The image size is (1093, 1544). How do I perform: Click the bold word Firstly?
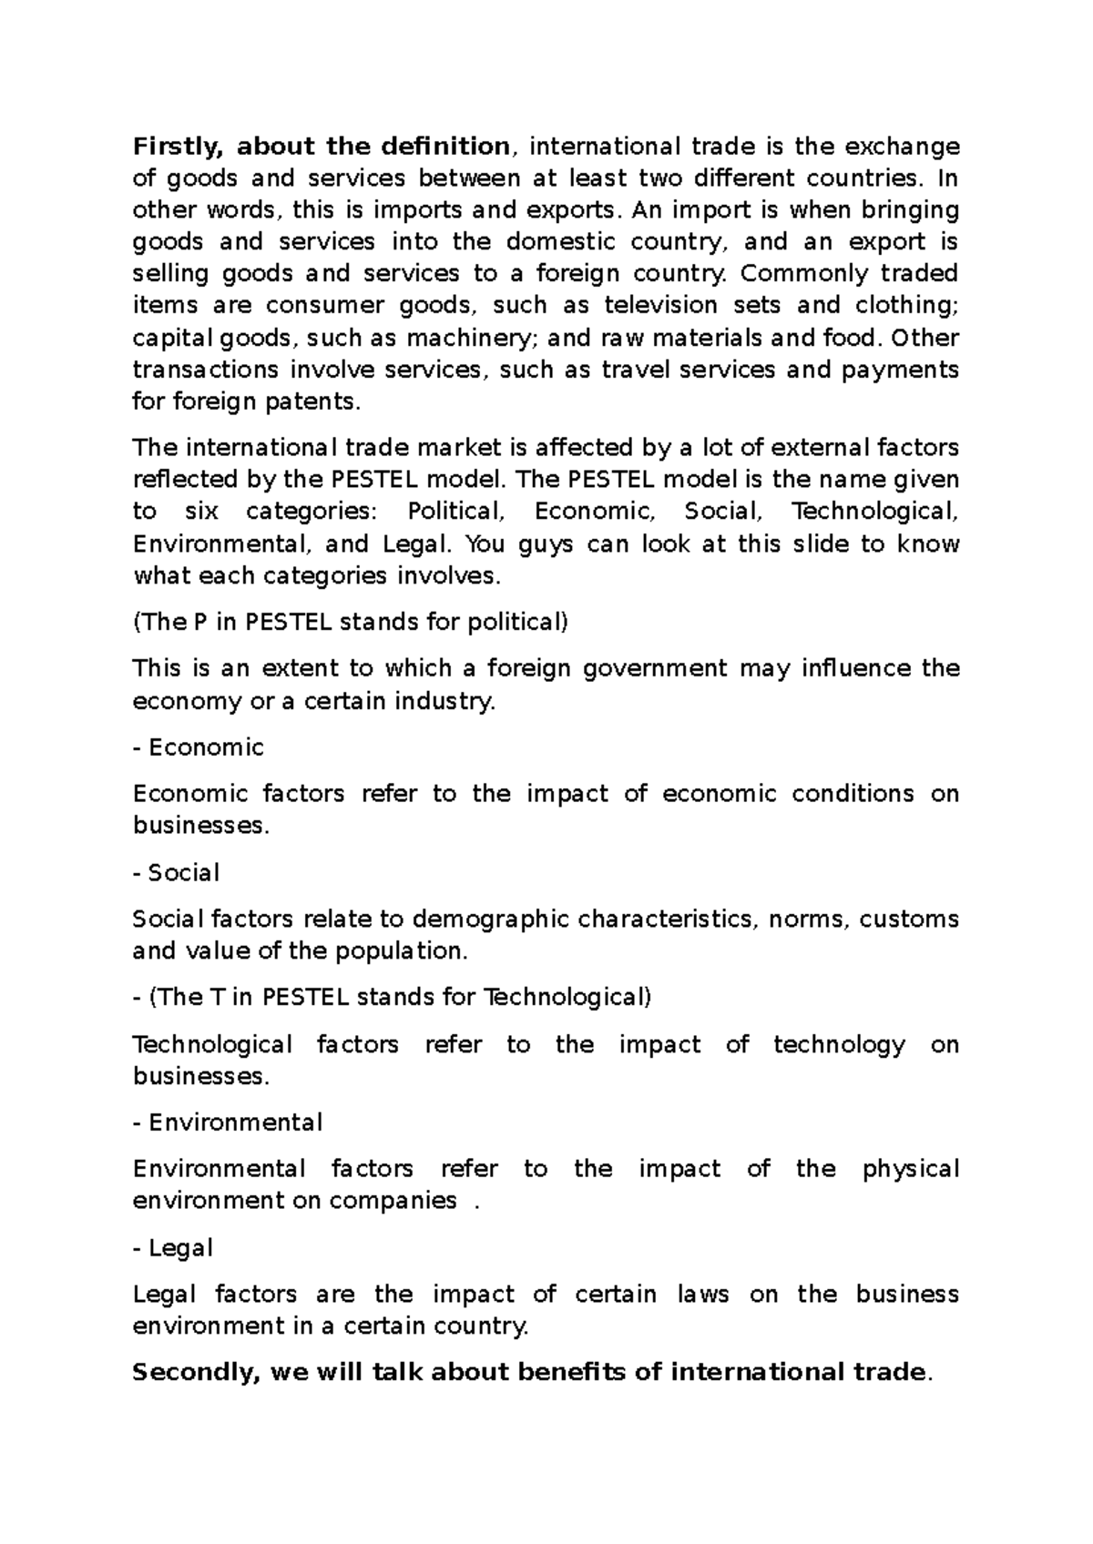[x=178, y=147]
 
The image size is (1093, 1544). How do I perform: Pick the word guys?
[x=545, y=544]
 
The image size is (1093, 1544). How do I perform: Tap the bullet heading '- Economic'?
[x=199, y=747]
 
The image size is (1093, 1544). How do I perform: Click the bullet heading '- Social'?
[x=177, y=873]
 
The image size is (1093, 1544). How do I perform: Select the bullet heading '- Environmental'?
[x=228, y=1122]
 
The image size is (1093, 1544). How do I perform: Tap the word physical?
[x=910, y=1169]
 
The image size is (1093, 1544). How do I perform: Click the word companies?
[x=393, y=1201]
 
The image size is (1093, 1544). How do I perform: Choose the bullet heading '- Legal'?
[x=173, y=1248]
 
